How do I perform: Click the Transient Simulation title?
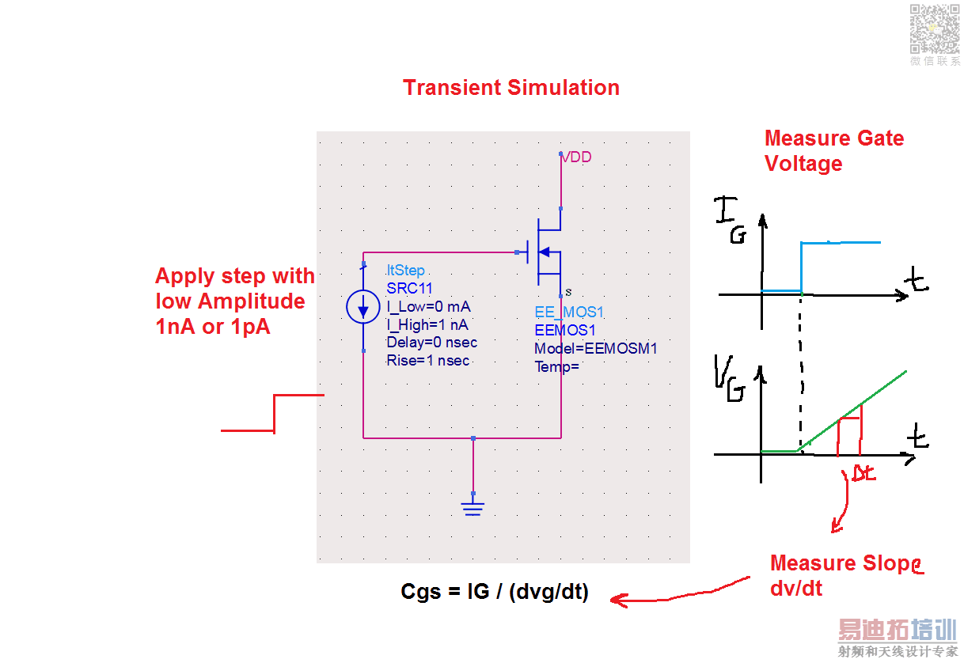(x=511, y=88)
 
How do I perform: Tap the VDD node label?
(x=576, y=157)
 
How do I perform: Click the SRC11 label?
(x=409, y=289)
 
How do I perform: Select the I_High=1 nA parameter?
(x=427, y=324)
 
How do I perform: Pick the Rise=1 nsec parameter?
(x=427, y=361)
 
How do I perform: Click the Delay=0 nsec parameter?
(x=431, y=343)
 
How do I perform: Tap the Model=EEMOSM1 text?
(x=596, y=349)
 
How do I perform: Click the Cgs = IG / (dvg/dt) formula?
(x=495, y=592)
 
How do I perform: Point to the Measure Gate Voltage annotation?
(x=833, y=151)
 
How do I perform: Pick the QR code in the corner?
(x=934, y=28)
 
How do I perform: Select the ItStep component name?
(x=406, y=271)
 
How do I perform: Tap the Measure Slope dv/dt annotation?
(x=845, y=575)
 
